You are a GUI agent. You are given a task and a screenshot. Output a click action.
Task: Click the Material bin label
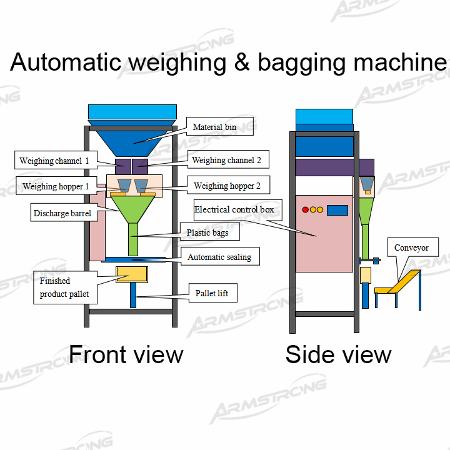(214, 127)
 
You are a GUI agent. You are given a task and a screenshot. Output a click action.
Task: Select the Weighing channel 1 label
(54, 161)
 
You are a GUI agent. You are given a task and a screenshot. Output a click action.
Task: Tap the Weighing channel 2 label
(226, 161)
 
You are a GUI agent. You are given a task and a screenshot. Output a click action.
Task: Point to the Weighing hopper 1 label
(56, 186)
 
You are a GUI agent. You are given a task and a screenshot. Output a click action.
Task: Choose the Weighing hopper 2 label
(227, 186)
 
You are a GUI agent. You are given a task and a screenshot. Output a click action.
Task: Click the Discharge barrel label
(62, 214)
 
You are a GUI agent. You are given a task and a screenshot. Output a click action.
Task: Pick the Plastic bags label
(207, 232)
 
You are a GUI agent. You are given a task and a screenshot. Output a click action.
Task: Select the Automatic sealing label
(219, 257)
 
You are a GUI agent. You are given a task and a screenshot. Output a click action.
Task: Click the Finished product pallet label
(64, 287)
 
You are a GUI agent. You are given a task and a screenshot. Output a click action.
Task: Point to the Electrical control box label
(234, 209)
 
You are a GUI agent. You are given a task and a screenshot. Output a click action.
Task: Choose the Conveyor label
(411, 248)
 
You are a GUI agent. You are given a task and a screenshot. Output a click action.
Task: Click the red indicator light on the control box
(305, 210)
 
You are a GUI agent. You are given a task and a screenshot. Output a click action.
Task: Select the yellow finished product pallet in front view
(131, 274)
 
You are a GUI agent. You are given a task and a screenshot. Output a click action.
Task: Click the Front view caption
(126, 354)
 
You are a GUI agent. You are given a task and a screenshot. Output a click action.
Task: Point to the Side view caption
(338, 354)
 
